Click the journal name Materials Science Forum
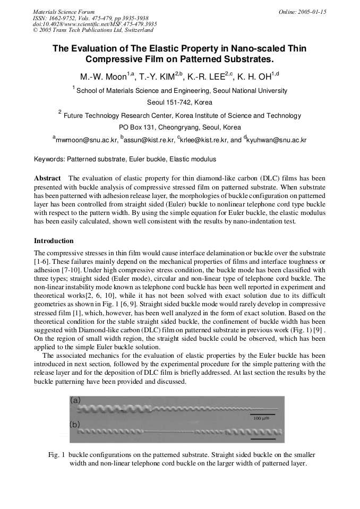click(64, 12)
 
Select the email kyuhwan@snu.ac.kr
click(277, 140)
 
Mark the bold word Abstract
click(47, 178)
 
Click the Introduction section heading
click(54, 241)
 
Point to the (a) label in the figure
click(75, 401)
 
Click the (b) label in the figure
click(75, 425)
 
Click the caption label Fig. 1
click(56, 455)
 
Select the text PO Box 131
click(137, 127)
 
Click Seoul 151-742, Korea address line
click(179, 102)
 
